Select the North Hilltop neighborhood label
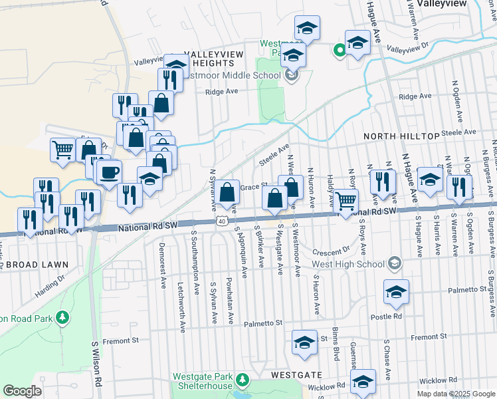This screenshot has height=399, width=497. [x=401, y=136]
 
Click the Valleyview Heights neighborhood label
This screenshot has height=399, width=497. [x=210, y=59]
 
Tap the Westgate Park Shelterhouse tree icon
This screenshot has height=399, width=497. [x=243, y=380]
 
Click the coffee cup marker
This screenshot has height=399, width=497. [x=110, y=172]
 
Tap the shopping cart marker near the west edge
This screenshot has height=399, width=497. [x=63, y=149]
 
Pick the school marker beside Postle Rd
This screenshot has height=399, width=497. [x=396, y=292]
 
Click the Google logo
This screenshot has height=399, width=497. [x=22, y=391]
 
